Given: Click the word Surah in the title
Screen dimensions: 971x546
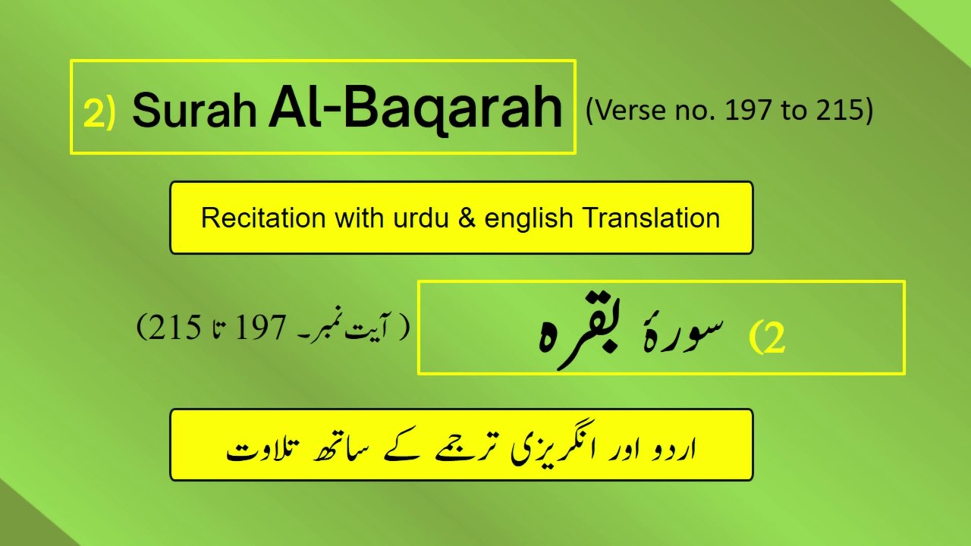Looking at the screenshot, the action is [x=194, y=110].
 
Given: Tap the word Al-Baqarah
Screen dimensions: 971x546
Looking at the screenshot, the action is [x=415, y=108].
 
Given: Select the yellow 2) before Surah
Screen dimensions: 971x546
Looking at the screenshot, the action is [x=99, y=114].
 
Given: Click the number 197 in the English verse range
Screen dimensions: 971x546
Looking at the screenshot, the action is [x=748, y=111].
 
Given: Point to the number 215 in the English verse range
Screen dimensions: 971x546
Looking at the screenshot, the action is [x=839, y=111].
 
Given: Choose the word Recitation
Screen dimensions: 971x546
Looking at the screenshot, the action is [x=263, y=218].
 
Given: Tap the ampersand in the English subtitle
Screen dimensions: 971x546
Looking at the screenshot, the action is [x=466, y=218].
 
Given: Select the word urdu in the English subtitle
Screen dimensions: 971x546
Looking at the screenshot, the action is [x=420, y=218].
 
